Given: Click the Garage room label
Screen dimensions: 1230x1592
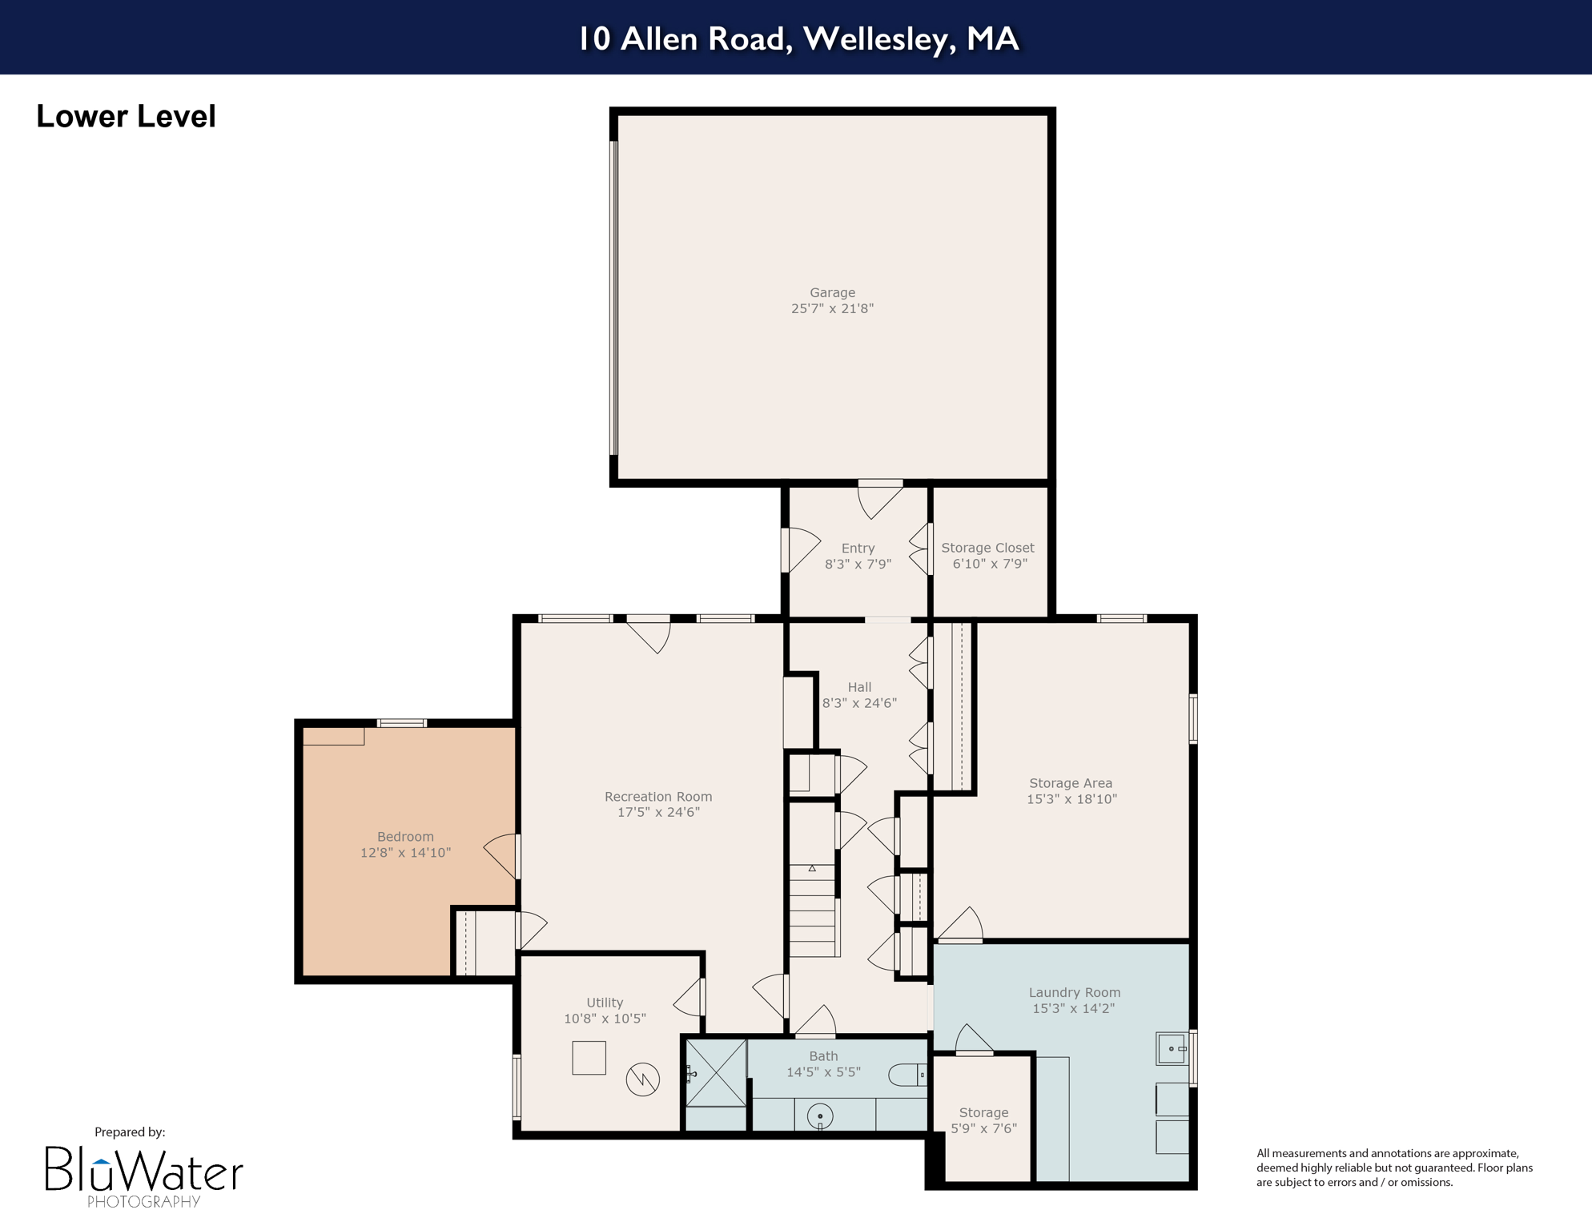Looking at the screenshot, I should [832, 293].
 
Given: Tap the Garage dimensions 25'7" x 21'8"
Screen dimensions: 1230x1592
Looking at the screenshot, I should [832, 309].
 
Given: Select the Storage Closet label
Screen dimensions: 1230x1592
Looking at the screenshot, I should [987, 548].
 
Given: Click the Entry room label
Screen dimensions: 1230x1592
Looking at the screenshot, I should [858, 549].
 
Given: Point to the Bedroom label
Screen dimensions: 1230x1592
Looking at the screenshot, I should [405, 837].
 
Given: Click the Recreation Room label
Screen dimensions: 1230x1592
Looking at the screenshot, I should [657, 797].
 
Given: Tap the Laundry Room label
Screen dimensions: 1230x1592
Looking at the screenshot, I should [1074, 993].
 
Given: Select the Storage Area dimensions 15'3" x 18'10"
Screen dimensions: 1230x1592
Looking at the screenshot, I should [1071, 799].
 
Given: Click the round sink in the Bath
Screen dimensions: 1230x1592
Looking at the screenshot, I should [820, 1115].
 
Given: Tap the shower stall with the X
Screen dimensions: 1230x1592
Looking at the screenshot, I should [717, 1073].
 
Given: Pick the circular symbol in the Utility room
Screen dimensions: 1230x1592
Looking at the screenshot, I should [642, 1079].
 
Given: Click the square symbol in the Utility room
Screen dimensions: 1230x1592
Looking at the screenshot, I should [589, 1058].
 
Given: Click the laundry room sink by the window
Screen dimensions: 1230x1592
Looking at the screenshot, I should [1172, 1048].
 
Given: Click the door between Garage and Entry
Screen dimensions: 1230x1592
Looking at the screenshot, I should [879, 496].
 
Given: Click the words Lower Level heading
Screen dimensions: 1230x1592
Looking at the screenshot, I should [126, 117].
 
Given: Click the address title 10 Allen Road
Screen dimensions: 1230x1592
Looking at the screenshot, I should [798, 38].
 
